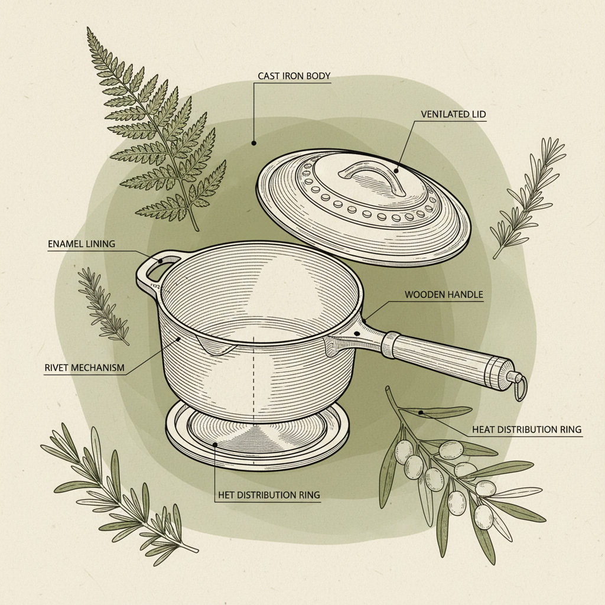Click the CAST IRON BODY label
coord(294,76)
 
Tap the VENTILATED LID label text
coord(454,113)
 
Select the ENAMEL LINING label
coord(81,244)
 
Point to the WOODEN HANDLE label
coord(444,294)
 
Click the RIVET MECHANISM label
coord(84,367)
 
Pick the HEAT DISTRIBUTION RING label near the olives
coord(526,429)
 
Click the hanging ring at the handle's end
coord(519,387)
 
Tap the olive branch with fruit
coord(449,473)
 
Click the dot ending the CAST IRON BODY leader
coord(253,142)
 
